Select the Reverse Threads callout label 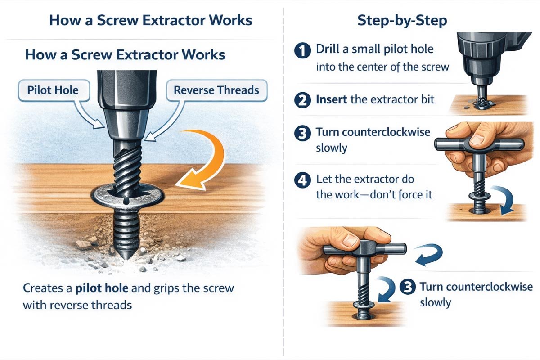pyautogui.click(x=216, y=90)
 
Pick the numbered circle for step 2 pyautogui.click(x=303, y=99)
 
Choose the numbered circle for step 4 pyautogui.click(x=303, y=180)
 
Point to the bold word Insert pyautogui.click(x=332, y=99)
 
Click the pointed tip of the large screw pyautogui.click(x=125, y=258)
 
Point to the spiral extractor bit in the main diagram pyautogui.click(x=126, y=171)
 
